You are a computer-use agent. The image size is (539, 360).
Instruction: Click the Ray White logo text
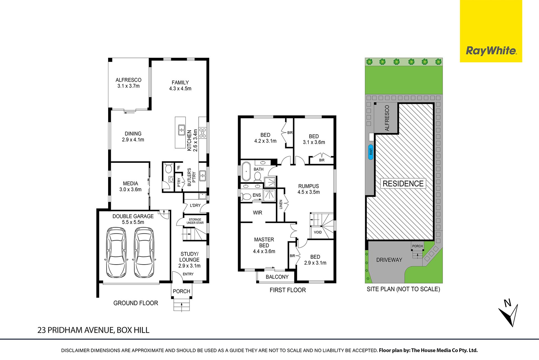[491, 51]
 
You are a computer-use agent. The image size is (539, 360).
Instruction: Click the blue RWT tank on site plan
[371, 152]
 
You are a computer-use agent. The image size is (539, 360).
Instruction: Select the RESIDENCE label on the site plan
[403, 184]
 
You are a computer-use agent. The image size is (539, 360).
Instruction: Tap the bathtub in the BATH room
[246, 171]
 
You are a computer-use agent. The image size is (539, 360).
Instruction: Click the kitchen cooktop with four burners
[202, 133]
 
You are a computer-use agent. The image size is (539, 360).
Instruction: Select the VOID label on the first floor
[318, 232]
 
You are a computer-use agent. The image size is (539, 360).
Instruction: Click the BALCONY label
[277, 277]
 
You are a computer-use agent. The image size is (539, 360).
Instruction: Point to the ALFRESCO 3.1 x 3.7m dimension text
[129, 86]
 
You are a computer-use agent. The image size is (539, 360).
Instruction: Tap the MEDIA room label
[131, 183]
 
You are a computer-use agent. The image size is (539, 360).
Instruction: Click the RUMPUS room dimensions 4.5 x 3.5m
[309, 192]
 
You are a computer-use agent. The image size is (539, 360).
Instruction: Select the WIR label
[257, 213]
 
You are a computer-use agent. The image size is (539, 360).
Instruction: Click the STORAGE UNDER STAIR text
[195, 221]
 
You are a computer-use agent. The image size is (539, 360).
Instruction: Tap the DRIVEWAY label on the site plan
[389, 260]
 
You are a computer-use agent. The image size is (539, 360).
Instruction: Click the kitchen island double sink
[181, 130]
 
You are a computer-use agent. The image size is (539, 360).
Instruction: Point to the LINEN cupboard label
[281, 204]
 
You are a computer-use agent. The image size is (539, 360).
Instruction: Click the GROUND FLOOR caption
[136, 303]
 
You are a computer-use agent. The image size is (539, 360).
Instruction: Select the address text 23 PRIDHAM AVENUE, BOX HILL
[93, 330]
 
